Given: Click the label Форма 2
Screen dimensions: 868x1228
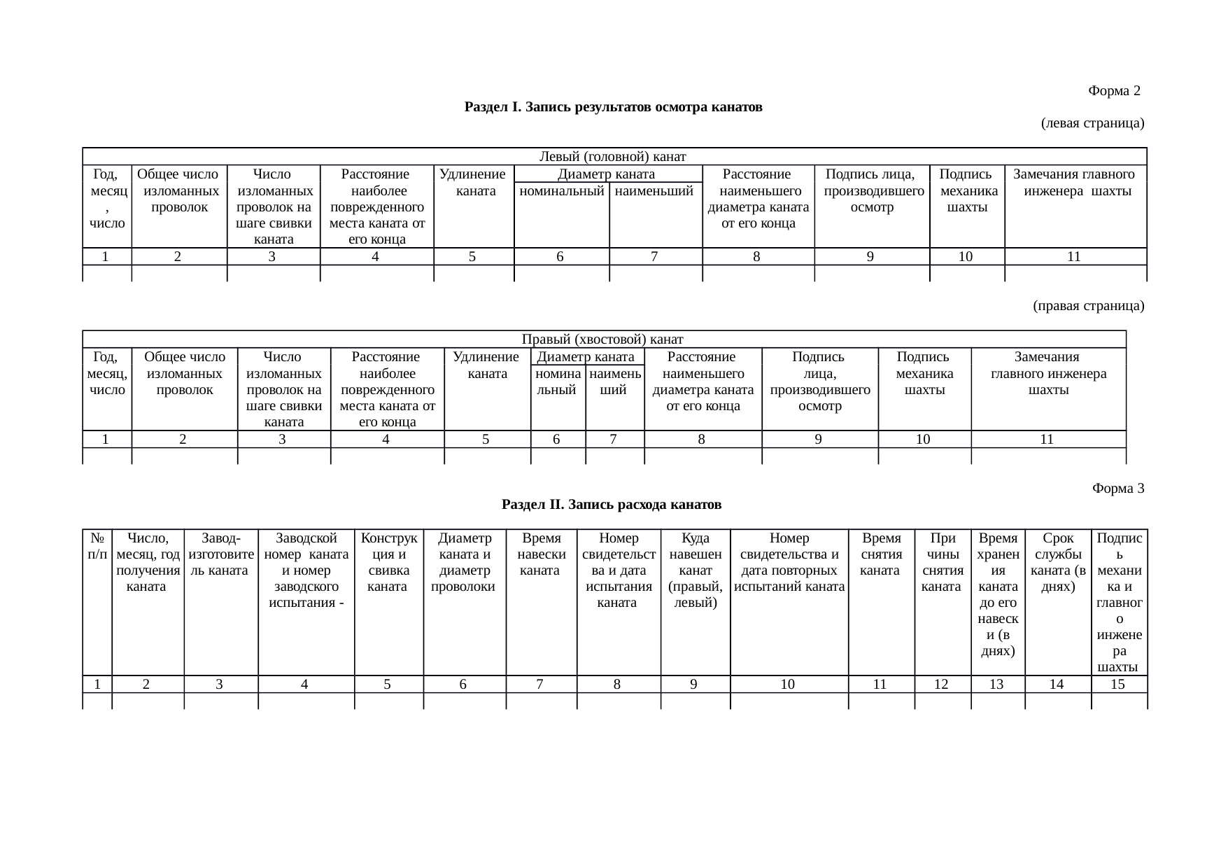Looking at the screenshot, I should pos(1114,91).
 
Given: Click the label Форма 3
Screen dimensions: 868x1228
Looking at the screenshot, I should pos(1117,489).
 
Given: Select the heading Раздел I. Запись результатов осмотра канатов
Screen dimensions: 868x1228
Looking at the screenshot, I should pos(613,107).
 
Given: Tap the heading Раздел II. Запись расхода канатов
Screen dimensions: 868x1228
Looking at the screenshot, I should pos(612,504).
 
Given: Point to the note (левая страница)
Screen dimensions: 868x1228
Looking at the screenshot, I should pos(1092,124).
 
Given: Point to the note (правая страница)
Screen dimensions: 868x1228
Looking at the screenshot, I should pos(1088,306).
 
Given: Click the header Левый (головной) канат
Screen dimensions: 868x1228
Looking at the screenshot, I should pos(612,156).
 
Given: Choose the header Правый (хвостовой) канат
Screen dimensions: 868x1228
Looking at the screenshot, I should pos(602,339).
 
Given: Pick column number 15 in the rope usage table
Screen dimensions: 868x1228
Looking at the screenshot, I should pos(1117,685).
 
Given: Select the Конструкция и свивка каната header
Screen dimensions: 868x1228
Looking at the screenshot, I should pos(387,562).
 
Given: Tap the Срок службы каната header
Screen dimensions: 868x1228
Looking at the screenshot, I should pos(1057,562).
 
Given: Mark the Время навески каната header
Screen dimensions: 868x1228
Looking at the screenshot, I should pos(541,554).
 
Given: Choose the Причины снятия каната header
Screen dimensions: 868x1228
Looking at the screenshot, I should pos(941,562).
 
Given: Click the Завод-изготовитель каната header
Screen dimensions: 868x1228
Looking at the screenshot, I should pos(219,554).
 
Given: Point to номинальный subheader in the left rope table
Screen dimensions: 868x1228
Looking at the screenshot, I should pos(562,191).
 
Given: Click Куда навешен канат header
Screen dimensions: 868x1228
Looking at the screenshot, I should pos(695,570).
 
